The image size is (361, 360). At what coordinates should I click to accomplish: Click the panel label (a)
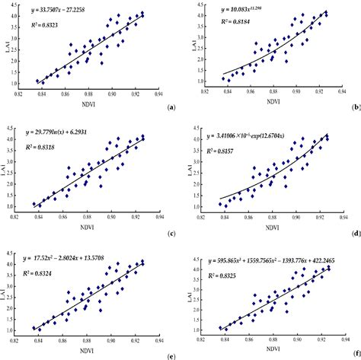pos(170,109)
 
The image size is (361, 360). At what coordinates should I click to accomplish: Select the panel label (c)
pos(170,233)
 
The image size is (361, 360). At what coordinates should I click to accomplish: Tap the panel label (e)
pos(170,355)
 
